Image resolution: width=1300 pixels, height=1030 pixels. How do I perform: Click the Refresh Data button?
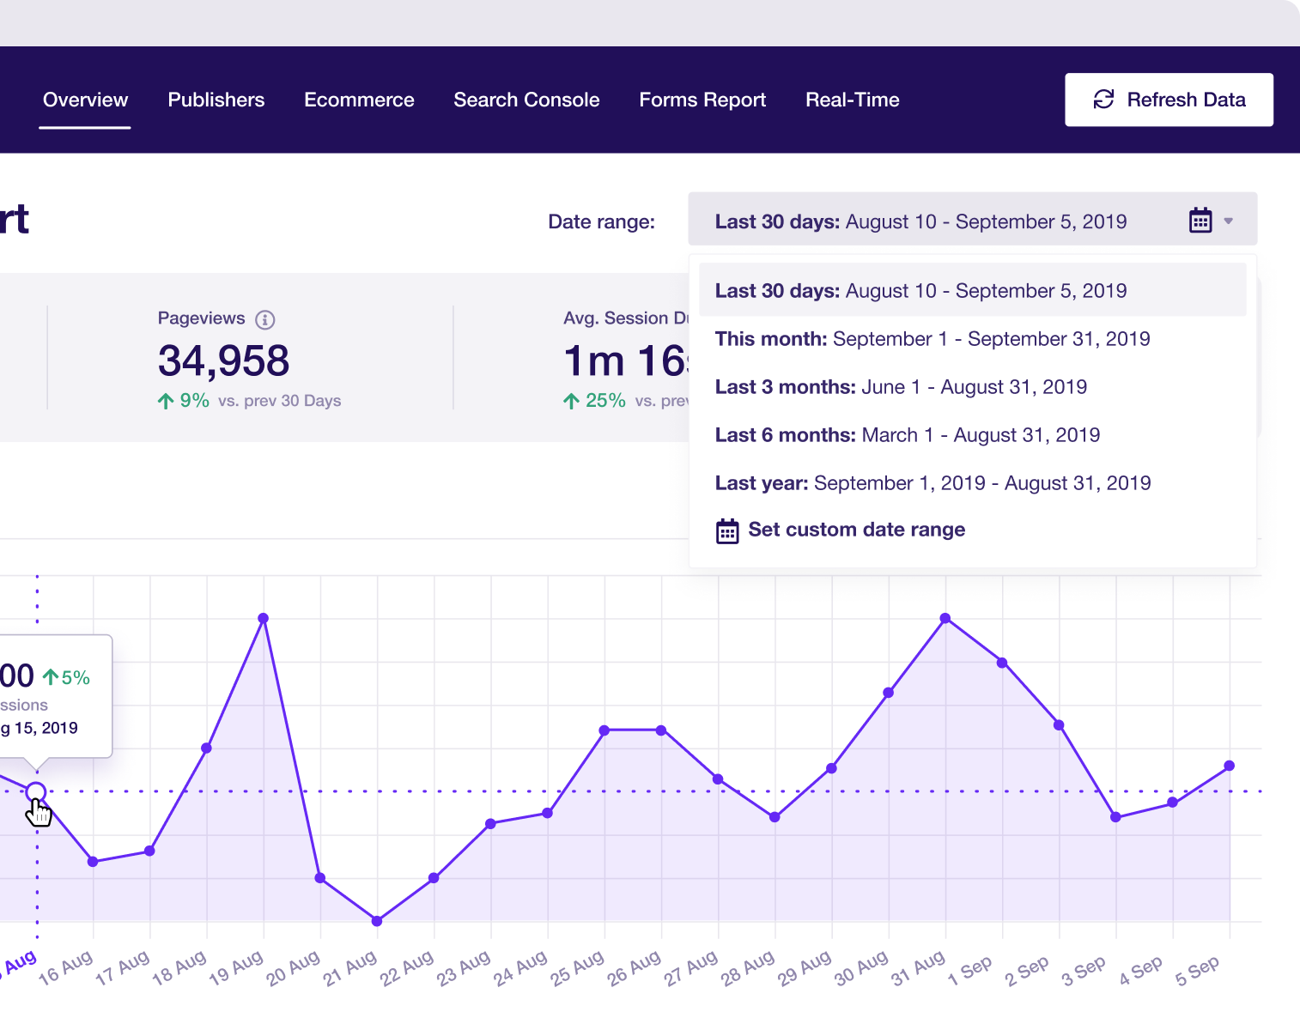(x=1169, y=100)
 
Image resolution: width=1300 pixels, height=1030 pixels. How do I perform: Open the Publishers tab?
(x=216, y=100)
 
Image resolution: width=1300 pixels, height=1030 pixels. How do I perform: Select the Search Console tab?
(x=526, y=100)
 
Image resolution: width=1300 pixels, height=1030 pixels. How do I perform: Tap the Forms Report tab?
(x=702, y=100)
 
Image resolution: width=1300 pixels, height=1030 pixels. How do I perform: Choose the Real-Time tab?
(x=852, y=100)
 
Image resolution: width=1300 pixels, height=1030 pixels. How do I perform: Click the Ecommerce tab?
(x=359, y=100)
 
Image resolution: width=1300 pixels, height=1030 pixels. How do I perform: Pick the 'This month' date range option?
(x=932, y=339)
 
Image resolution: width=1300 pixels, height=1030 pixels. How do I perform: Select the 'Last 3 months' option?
(x=901, y=387)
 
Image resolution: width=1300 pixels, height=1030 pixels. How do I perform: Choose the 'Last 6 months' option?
(x=907, y=435)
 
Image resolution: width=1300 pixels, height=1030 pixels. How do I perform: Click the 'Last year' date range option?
(x=932, y=483)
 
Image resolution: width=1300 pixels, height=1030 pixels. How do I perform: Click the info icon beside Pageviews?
(x=265, y=319)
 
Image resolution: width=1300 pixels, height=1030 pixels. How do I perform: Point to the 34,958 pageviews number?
(x=223, y=360)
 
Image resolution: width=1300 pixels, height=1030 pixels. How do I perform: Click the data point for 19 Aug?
(x=264, y=618)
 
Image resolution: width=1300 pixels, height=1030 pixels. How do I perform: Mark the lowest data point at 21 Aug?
(x=377, y=921)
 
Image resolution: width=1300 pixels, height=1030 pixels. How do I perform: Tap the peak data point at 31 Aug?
(x=945, y=618)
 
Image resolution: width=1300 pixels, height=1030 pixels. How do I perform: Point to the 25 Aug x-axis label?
(x=572, y=969)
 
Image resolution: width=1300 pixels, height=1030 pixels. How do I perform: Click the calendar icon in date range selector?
(x=1200, y=221)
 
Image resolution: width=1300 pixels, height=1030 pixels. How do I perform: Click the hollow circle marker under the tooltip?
(x=36, y=791)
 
